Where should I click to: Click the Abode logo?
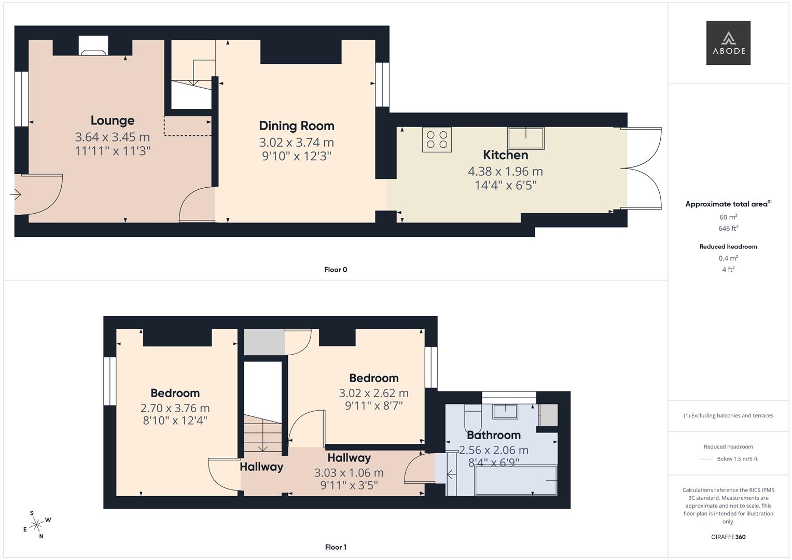coord(728,43)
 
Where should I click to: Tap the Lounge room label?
coord(113,120)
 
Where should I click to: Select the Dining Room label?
coord(296,125)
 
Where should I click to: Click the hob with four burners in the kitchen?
coord(437,139)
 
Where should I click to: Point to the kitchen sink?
coord(526,138)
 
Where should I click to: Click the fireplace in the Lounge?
coord(93,47)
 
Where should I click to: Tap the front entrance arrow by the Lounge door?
coord(16,195)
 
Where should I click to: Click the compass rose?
coord(36,525)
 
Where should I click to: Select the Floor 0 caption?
coord(336,270)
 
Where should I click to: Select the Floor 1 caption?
coord(336,547)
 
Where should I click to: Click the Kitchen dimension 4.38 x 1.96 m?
coord(505,171)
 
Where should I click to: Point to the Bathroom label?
coord(493,435)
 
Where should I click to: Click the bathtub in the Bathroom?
coord(516,480)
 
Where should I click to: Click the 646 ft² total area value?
coord(728,229)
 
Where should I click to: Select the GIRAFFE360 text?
coord(728,537)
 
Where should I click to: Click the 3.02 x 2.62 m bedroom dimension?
coord(373,393)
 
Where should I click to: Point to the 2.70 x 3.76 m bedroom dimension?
coord(175,408)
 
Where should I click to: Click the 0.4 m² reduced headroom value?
coord(728,258)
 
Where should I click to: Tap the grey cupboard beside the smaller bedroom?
coord(264,342)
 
